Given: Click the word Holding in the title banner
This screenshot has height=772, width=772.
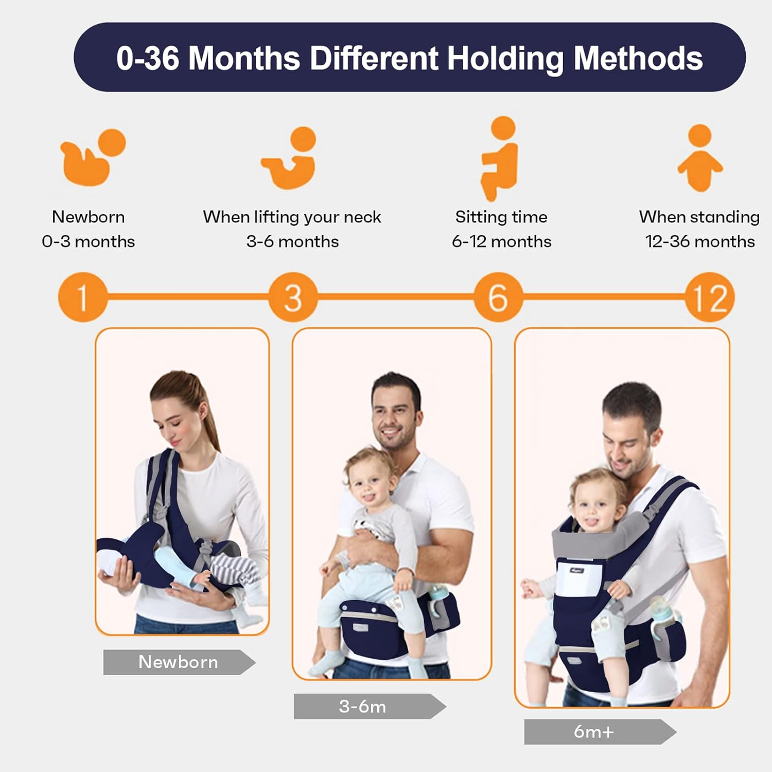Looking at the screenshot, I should (505, 58).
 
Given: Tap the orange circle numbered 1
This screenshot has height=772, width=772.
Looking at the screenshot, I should (82, 297).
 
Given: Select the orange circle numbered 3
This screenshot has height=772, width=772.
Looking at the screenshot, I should (293, 297).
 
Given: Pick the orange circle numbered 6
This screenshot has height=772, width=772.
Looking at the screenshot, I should (498, 297).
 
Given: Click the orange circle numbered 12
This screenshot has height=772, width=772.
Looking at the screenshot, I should (710, 297).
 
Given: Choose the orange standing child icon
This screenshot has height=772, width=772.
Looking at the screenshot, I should (700, 157).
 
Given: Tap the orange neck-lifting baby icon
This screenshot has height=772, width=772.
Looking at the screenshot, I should (291, 157).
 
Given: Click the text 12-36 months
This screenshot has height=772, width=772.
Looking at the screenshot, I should (700, 241).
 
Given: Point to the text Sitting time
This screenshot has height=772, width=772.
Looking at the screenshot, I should (501, 217).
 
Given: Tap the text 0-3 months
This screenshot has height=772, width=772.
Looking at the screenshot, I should (89, 241).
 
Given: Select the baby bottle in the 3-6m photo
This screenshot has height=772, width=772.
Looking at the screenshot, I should (437, 597).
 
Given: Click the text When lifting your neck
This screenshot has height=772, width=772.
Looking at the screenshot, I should (292, 217).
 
